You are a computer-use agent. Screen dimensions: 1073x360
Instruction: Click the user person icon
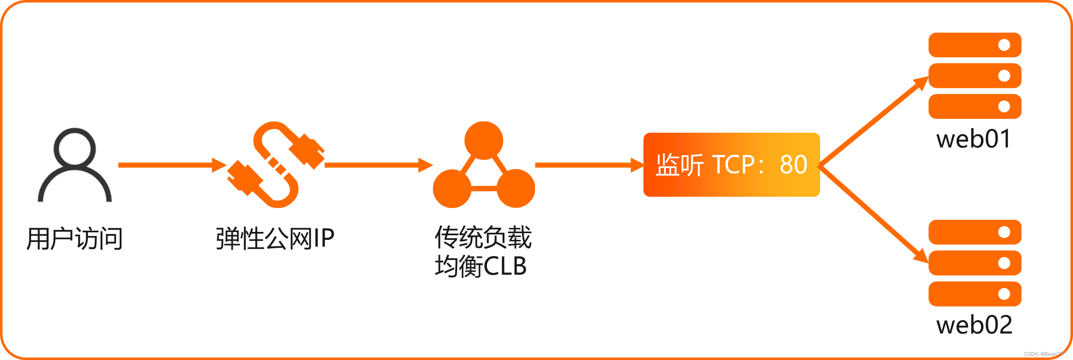pyautogui.click(x=75, y=165)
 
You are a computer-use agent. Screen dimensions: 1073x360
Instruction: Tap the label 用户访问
pyautogui.click(x=75, y=239)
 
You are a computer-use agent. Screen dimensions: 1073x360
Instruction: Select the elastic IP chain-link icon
pyautogui.click(x=276, y=165)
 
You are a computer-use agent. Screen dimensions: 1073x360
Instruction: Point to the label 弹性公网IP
pyautogui.click(x=275, y=239)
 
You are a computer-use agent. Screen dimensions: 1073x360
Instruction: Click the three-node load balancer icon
pyautogui.click(x=484, y=166)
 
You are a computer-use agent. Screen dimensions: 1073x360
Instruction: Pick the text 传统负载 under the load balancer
pyautogui.click(x=483, y=237)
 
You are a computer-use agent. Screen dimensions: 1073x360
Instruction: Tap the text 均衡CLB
pyautogui.click(x=481, y=266)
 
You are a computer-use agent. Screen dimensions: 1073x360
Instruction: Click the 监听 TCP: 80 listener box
pyautogui.click(x=731, y=165)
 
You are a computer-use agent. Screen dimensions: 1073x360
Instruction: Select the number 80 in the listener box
pyautogui.click(x=793, y=165)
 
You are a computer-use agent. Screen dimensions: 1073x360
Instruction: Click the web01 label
pyautogui.click(x=974, y=139)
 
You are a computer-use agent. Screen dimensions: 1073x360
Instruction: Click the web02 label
pyautogui.click(x=974, y=325)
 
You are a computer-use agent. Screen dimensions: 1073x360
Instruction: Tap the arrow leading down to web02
pyautogui.click(x=873, y=213)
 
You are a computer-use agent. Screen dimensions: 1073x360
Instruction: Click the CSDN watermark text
pyautogui.click(x=1045, y=354)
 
